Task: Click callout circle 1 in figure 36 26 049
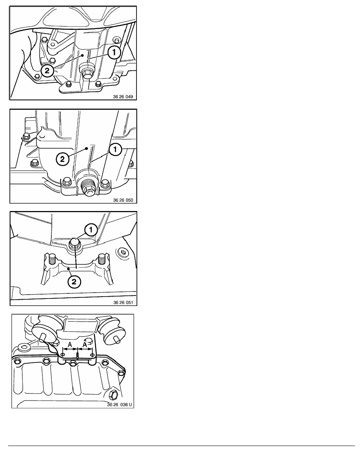pyautogui.click(x=114, y=53)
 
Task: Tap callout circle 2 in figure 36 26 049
pyautogui.click(x=47, y=71)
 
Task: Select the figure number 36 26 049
pyautogui.click(x=123, y=96)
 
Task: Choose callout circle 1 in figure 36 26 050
pyautogui.click(x=115, y=150)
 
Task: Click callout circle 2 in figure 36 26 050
pyautogui.click(x=62, y=159)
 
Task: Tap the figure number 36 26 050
pyautogui.click(x=123, y=200)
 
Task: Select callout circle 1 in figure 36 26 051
pyautogui.click(x=91, y=230)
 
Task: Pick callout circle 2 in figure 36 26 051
pyautogui.click(x=74, y=281)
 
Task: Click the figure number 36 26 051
pyautogui.click(x=123, y=302)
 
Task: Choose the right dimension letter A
pyautogui.click(x=85, y=344)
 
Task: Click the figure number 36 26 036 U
pyautogui.click(x=119, y=405)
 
